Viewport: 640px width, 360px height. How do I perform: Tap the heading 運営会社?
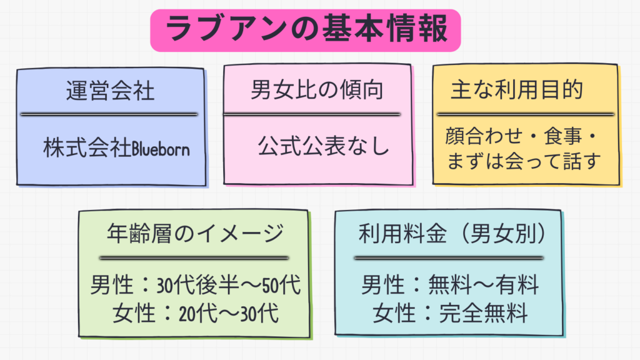coord(110,92)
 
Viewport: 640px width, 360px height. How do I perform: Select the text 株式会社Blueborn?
coord(116,148)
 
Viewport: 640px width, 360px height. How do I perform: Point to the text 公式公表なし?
coord(323,148)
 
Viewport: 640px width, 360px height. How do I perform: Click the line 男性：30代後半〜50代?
coord(196,286)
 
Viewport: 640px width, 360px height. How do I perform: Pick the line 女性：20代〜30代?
coord(196,312)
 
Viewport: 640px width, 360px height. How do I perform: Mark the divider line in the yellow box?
coord(525,114)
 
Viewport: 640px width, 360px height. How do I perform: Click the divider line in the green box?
coord(194,257)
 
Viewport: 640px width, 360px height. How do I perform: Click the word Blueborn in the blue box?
coord(160,149)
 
